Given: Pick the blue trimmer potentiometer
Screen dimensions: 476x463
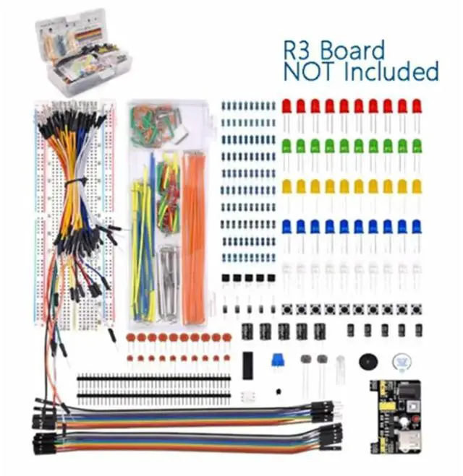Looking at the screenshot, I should (276, 361).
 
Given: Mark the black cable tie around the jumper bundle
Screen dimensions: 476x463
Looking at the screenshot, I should (75, 183).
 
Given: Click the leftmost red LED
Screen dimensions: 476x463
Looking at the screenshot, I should (287, 106).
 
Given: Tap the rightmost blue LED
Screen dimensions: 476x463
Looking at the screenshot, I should (417, 226).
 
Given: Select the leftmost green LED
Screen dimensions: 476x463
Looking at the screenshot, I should (287, 146).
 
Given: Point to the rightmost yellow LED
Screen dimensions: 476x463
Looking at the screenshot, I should (417, 186).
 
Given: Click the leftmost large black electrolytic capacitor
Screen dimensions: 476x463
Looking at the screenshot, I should (248, 333).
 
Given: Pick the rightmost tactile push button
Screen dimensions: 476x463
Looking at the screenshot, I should (416, 308).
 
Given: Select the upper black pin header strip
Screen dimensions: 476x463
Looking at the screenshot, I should (153, 378).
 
